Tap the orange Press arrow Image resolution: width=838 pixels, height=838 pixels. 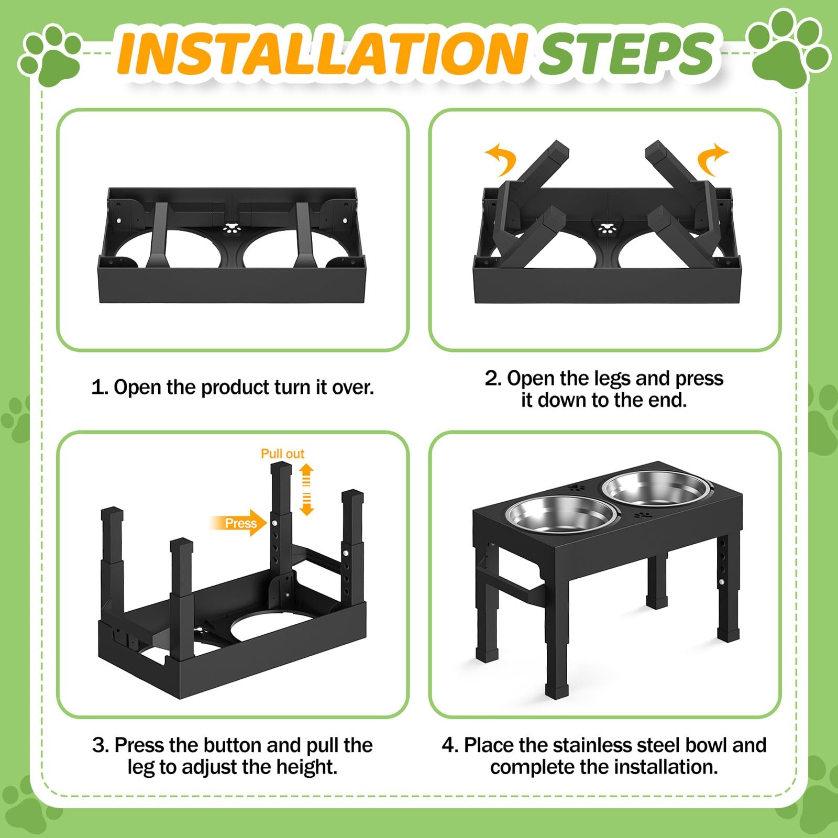[x=238, y=523]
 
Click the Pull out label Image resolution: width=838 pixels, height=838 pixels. [x=282, y=454]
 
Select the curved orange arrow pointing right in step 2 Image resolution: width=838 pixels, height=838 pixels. [x=712, y=159]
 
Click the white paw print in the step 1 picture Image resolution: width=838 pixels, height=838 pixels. [x=230, y=228]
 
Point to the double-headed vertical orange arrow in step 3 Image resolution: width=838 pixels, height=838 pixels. [x=306, y=489]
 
